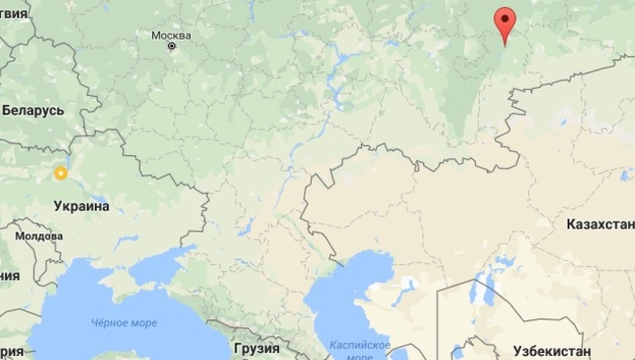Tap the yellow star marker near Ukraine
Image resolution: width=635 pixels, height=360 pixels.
pos(60,174)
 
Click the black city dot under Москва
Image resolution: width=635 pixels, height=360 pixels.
pos(172,45)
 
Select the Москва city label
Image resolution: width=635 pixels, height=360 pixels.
pos(171,35)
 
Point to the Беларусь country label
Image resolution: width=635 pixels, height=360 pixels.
pos(33,111)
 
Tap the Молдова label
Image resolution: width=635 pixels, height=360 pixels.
pos(39,236)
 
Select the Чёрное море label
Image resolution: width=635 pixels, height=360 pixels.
pos(123,322)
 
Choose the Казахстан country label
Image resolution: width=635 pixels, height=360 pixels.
pos(599,225)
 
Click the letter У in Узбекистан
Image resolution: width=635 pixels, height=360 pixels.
pos(519,350)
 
